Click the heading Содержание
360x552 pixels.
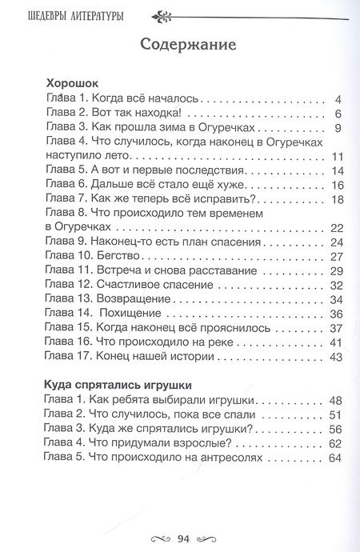[187, 45]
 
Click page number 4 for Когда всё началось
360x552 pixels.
[339, 99]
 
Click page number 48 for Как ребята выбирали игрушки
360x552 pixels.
[335, 399]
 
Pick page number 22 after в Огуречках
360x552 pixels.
[336, 228]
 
